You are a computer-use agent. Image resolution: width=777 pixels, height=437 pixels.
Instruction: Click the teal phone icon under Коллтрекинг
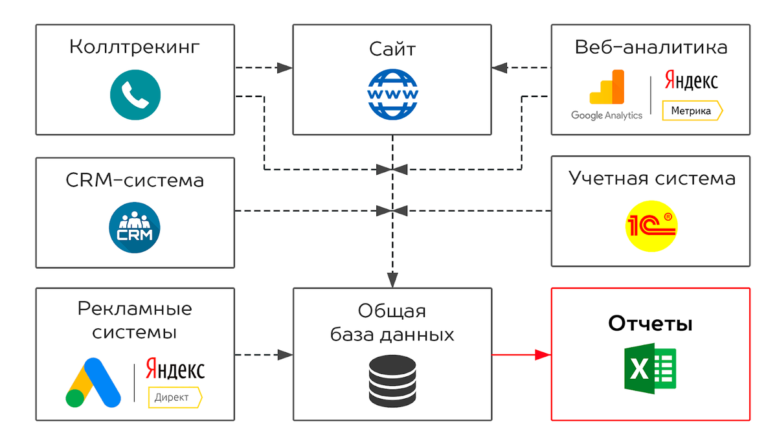point(135,95)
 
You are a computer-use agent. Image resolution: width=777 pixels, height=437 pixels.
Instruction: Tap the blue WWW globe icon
point(392,95)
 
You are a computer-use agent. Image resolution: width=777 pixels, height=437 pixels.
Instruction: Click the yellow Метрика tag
point(692,111)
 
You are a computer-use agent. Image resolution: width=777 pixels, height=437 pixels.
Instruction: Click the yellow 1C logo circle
point(651,227)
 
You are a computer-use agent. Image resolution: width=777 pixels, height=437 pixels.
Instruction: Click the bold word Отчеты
point(650,324)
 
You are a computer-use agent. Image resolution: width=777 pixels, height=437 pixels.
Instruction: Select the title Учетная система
point(651,178)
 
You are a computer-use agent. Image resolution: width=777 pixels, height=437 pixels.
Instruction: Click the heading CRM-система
point(135,179)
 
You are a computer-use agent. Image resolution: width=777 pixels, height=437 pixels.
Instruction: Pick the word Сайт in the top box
point(392,49)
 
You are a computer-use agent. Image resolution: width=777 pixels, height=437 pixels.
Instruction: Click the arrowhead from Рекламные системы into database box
point(285,355)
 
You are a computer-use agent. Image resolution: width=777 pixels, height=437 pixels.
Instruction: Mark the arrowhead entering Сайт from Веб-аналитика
point(499,67)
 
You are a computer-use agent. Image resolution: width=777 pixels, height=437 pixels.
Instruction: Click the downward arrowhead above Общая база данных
point(392,280)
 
